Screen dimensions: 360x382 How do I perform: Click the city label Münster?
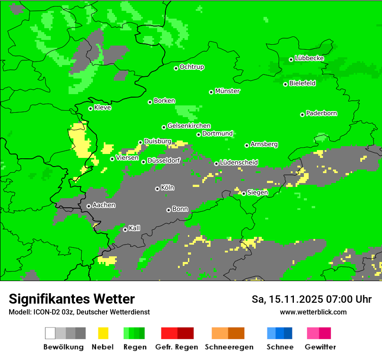click(227, 91)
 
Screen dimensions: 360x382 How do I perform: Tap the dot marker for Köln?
click(157, 189)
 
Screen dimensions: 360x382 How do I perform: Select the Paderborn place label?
click(322, 113)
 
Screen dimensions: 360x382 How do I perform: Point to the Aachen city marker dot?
click(89, 206)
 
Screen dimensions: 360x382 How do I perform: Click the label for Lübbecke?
click(310, 58)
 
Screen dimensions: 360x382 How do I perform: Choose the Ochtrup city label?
click(192, 67)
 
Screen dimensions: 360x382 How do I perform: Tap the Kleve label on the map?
click(103, 108)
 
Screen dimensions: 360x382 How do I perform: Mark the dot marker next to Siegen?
click(244, 193)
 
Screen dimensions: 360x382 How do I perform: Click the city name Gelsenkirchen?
click(189, 126)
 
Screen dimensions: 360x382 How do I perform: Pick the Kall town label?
click(135, 228)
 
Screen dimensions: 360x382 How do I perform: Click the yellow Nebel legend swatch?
click(103, 333)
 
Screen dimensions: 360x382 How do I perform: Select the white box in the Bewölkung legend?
click(50, 333)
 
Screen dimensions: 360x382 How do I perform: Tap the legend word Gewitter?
click(320, 347)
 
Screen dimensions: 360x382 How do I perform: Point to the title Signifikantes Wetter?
click(72, 299)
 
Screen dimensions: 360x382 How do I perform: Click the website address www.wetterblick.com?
click(313, 312)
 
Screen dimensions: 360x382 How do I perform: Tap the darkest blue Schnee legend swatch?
click(288, 333)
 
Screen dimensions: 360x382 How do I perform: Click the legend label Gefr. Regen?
click(177, 347)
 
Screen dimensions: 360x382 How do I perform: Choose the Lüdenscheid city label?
click(239, 163)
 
